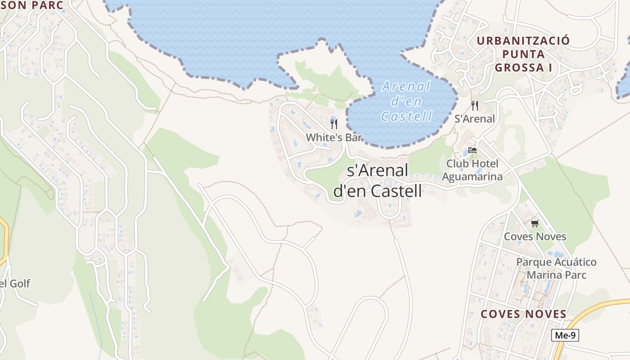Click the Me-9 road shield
pyautogui.click(x=565, y=335)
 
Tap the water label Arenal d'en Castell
pyautogui.click(x=406, y=101)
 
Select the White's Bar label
pyautogui.click(x=334, y=138)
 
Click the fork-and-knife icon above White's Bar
pyautogui.click(x=334, y=124)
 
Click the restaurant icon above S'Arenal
pyautogui.click(x=475, y=106)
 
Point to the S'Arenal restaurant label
pyautogui.click(x=475, y=119)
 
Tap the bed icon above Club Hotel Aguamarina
pyautogui.click(x=472, y=150)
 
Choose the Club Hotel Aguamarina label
pyautogui.click(x=472, y=170)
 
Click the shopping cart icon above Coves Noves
pyautogui.click(x=535, y=223)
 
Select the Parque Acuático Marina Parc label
pyautogui.click(x=556, y=268)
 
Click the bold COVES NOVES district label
pyautogui.click(x=523, y=314)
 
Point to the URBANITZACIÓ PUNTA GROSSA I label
pyautogui.click(x=523, y=54)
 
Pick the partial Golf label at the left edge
pyautogui.click(x=15, y=283)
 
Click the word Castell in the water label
pyautogui.click(x=406, y=117)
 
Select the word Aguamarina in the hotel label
pyautogui.click(x=472, y=176)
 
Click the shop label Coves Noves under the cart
pyautogui.click(x=535, y=237)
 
